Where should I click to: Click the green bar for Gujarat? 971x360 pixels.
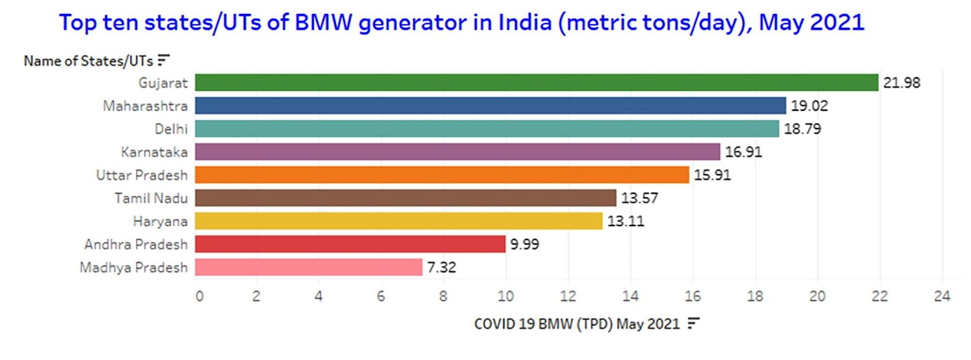pyautogui.click(x=536, y=83)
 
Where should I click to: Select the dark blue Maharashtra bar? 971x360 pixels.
pyautogui.click(x=490, y=106)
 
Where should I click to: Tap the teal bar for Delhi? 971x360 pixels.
pyautogui.click(x=487, y=129)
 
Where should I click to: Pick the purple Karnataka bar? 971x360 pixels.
pyautogui.click(x=458, y=152)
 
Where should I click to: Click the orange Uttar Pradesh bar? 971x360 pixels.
pyautogui.click(x=442, y=175)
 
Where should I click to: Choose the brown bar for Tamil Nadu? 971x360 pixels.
pyautogui.click(x=405, y=198)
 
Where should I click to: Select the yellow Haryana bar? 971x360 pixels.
pyautogui.click(x=399, y=221)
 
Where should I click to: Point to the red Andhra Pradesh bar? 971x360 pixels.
pyautogui.click(x=350, y=244)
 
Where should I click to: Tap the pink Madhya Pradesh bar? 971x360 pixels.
pyautogui.click(x=308, y=267)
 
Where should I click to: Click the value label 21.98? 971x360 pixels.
pyautogui.click(x=901, y=83)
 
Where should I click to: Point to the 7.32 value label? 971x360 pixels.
pyautogui.click(x=441, y=267)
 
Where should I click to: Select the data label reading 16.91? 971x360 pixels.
pyautogui.click(x=743, y=152)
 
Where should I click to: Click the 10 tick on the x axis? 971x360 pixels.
pyautogui.click(x=506, y=296)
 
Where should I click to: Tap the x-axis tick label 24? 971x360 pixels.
pyautogui.click(x=942, y=296)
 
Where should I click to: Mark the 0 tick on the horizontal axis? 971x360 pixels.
pyautogui.click(x=199, y=296)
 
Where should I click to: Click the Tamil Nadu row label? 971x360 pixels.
pyautogui.click(x=151, y=199)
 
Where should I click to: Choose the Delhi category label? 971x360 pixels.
pyautogui.click(x=171, y=129)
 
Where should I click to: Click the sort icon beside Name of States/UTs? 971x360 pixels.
pyautogui.click(x=163, y=60)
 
